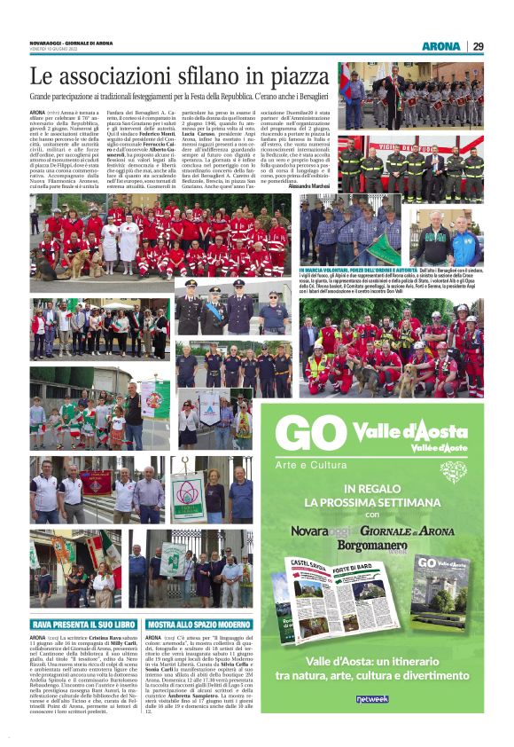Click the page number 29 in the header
click(x=478, y=46)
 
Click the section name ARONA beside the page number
click(x=441, y=46)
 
